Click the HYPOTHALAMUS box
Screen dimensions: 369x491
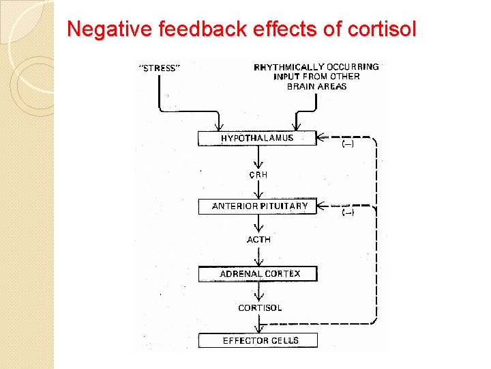[x=257, y=138]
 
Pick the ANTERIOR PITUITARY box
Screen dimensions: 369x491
[x=260, y=206]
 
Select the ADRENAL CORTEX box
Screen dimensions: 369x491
[x=259, y=274]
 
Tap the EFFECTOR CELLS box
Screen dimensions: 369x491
[x=260, y=340]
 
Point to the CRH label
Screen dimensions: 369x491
[x=258, y=175]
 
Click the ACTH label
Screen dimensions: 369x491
[x=258, y=240]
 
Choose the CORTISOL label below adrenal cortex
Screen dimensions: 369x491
[x=260, y=307]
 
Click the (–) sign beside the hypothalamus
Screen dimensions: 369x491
[x=348, y=145]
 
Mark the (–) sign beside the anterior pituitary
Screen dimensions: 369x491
[x=348, y=213]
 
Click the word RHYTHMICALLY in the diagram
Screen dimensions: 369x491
[x=289, y=67]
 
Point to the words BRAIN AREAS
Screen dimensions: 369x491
[x=316, y=87]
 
